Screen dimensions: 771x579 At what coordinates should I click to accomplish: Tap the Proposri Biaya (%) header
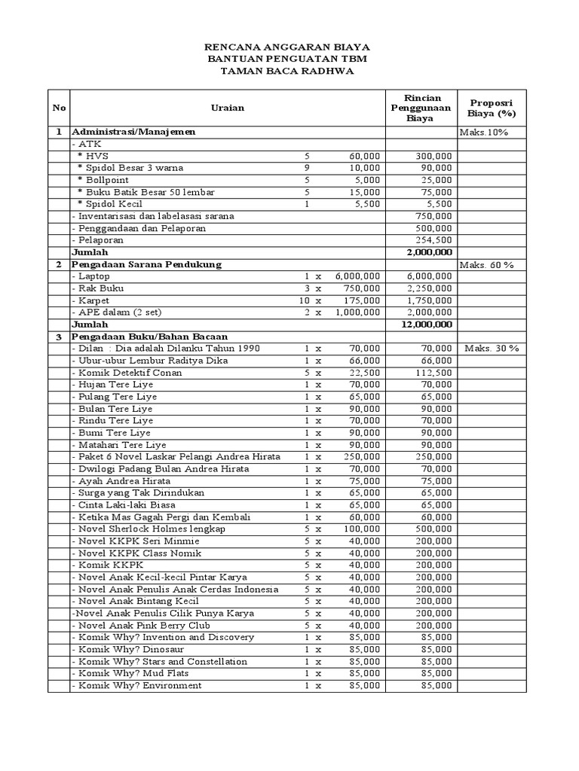492,108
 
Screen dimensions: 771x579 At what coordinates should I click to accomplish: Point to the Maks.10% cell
483,132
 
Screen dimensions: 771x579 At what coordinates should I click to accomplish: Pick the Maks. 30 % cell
492,349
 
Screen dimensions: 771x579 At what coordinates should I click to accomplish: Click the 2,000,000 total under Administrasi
428,252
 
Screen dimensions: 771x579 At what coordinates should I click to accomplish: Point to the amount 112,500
433,373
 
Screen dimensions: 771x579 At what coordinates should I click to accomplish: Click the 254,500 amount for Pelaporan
433,240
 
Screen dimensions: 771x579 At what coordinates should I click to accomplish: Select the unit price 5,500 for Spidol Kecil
366,204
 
